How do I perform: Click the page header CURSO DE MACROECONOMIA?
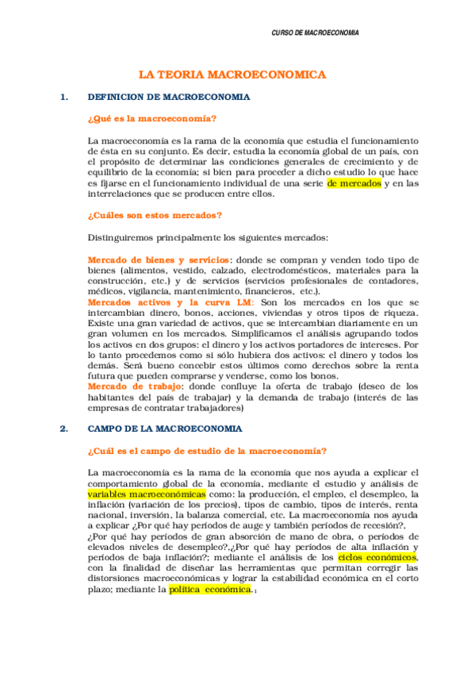(x=315, y=33)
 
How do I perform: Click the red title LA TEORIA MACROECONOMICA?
(x=232, y=75)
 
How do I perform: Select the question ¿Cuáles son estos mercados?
(x=155, y=215)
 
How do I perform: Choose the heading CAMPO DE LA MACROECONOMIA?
(x=165, y=429)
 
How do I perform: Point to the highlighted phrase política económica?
(x=209, y=590)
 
